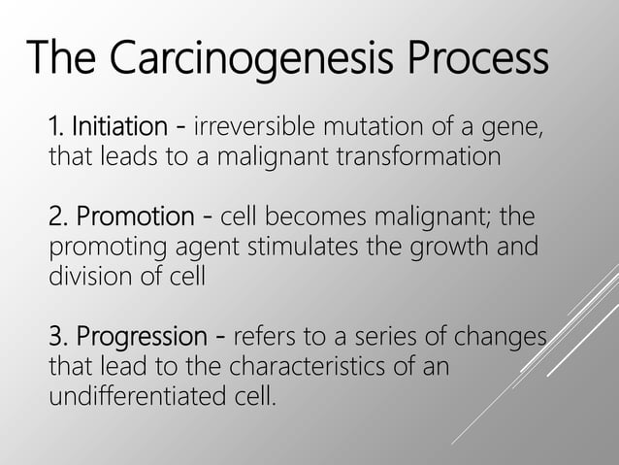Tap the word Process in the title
pyautogui.click(x=478, y=61)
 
